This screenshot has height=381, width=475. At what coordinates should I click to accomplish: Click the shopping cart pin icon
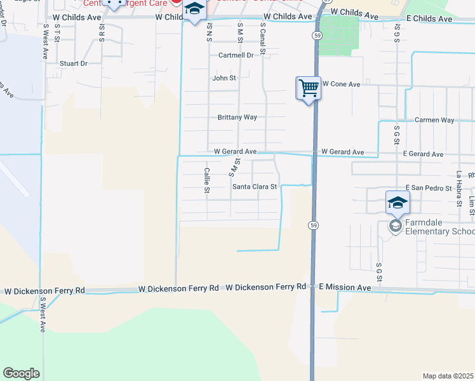click(x=309, y=88)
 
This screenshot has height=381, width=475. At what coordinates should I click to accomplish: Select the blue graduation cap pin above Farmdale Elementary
click(x=398, y=203)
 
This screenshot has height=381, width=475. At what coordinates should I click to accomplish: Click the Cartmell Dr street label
click(x=236, y=55)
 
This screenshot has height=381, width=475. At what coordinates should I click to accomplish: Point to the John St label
click(x=224, y=78)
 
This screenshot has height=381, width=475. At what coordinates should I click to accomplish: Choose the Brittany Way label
click(x=237, y=117)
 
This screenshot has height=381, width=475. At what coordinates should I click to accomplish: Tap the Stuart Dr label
click(x=74, y=63)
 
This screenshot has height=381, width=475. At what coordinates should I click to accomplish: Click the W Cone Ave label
click(x=342, y=84)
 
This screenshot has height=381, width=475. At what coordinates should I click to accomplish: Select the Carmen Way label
click(x=434, y=120)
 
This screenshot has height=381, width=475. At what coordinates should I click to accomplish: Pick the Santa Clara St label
click(x=255, y=187)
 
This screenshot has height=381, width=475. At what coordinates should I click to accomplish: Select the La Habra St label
click(x=458, y=184)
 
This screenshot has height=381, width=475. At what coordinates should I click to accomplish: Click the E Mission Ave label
click(x=345, y=288)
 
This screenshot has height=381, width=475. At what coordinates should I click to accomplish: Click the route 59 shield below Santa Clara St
click(x=314, y=225)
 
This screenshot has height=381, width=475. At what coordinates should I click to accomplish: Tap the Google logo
click(x=21, y=373)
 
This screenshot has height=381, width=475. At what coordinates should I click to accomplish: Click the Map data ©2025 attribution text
click(x=448, y=376)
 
